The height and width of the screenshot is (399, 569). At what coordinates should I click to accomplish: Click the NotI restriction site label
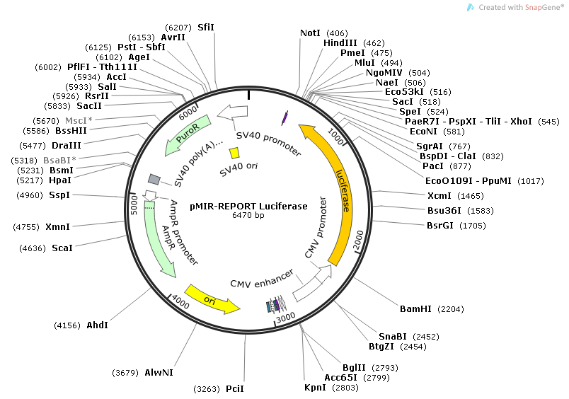[x=310, y=33]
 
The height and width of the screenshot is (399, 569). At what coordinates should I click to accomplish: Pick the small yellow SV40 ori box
[x=234, y=153]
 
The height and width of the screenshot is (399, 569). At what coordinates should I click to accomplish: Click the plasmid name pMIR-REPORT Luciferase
[x=248, y=207]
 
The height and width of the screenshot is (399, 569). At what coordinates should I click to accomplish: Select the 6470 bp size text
[x=248, y=216]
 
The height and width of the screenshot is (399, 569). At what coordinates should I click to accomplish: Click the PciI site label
[x=235, y=389]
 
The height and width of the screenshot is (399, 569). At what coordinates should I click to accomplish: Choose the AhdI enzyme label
[x=97, y=325]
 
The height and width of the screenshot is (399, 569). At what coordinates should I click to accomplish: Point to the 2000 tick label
[x=357, y=240]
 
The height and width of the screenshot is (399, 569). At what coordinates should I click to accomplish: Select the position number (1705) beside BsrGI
[x=473, y=226]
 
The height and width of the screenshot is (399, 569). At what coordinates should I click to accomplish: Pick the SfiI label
[x=206, y=27]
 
